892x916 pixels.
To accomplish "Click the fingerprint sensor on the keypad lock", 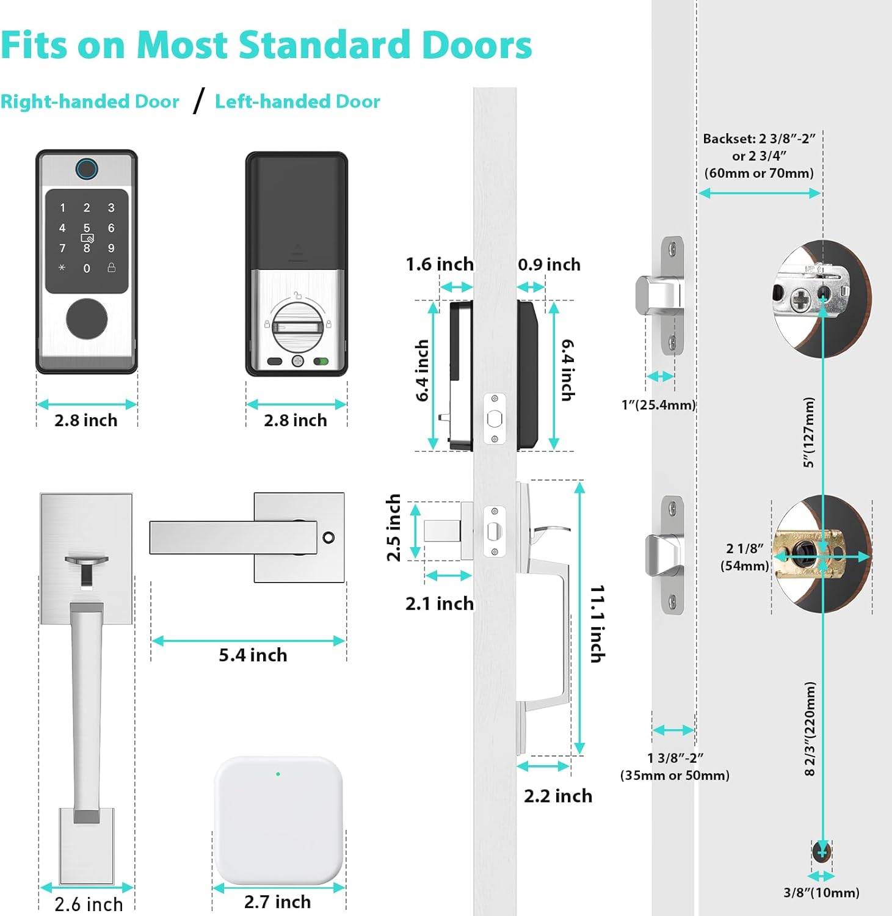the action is [87, 169].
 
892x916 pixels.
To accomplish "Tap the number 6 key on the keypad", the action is [111, 228].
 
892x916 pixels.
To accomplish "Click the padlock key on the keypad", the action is [111, 267].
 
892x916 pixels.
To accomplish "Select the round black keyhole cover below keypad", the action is [87, 318].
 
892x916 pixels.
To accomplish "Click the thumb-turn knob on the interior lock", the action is [297, 327].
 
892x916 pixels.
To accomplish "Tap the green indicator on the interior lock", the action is [321, 362].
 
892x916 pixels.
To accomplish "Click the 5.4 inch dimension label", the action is [253, 655].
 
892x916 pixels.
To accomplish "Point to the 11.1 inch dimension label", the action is [598, 623].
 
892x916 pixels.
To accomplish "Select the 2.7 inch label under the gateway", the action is [277, 902].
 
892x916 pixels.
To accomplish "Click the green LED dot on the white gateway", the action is [278, 774].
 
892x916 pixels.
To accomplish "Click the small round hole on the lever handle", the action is [328, 538].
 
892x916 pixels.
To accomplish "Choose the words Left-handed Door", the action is [297, 101].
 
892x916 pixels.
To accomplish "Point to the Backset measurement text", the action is [759, 156].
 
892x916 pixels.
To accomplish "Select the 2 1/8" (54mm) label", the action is [745, 557].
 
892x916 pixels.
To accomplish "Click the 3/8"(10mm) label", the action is [821, 893].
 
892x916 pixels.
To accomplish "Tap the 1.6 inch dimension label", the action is [440, 264].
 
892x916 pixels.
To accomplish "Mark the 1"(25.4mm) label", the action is [659, 405].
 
